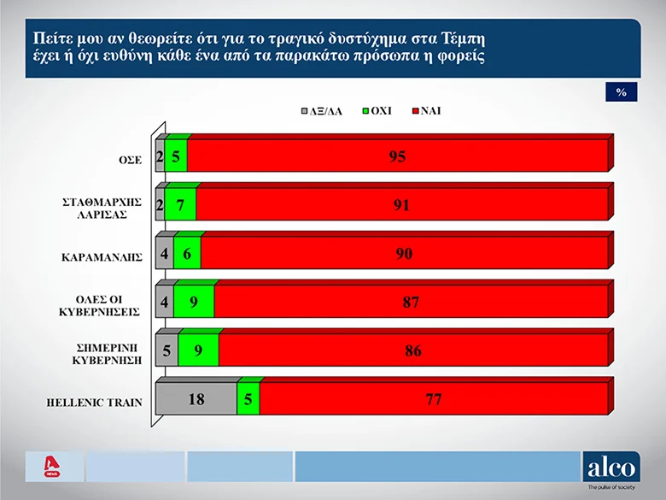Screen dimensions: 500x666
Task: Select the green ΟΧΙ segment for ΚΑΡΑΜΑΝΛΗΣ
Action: click(187, 254)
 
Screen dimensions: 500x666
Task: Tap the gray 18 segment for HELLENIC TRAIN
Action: click(196, 399)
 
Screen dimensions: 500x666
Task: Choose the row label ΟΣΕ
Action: click(130, 158)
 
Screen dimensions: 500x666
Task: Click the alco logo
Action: click(610, 468)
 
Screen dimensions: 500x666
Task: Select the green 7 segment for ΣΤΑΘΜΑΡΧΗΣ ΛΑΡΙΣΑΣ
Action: click(180, 205)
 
